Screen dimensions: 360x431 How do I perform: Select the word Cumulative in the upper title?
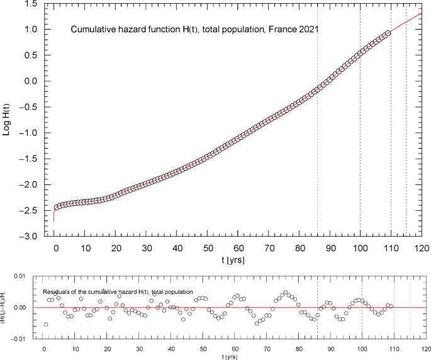(x=92, y=30)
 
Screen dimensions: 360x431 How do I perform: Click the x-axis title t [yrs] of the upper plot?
(x=237, y=259)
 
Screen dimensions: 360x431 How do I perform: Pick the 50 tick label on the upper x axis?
(x=208, y=247)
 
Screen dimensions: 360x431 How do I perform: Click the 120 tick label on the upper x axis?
(x=421, y=247)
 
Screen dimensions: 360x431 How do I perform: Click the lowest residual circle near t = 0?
(x=45, y=324)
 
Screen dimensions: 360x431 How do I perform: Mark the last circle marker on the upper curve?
(x=388, y=32)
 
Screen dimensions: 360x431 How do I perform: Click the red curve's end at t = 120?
(x=421, y=14)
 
